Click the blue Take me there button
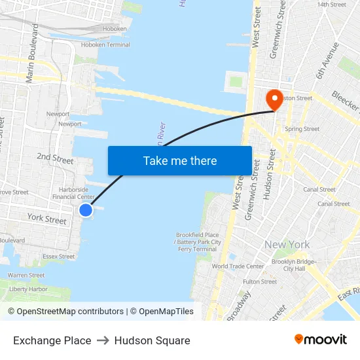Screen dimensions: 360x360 [x=180, y=160]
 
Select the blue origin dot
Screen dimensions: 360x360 [x=86, y=209]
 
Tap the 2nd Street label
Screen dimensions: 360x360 [x=55, y=158]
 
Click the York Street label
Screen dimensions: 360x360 [x=47, y=219]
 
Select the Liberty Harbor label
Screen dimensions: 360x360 [x=28, y=289]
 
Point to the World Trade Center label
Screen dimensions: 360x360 [x=238, y=266]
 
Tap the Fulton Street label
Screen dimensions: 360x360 [x=260, y=281]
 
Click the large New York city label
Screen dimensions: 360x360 [x=287, y=245]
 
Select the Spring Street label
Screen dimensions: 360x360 [x=302, y=129]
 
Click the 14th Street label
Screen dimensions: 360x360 [x=331, y=5]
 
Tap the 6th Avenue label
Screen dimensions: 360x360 [x=327, y=61]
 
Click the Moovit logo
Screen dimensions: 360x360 [x=320, y=340]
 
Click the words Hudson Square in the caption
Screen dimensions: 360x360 [x=152, y=340]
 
